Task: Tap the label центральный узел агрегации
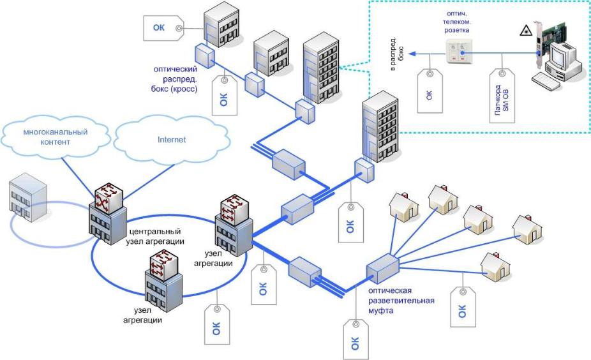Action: (156, 236)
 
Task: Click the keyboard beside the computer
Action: (547, 80)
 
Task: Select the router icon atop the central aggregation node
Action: (108, 197)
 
